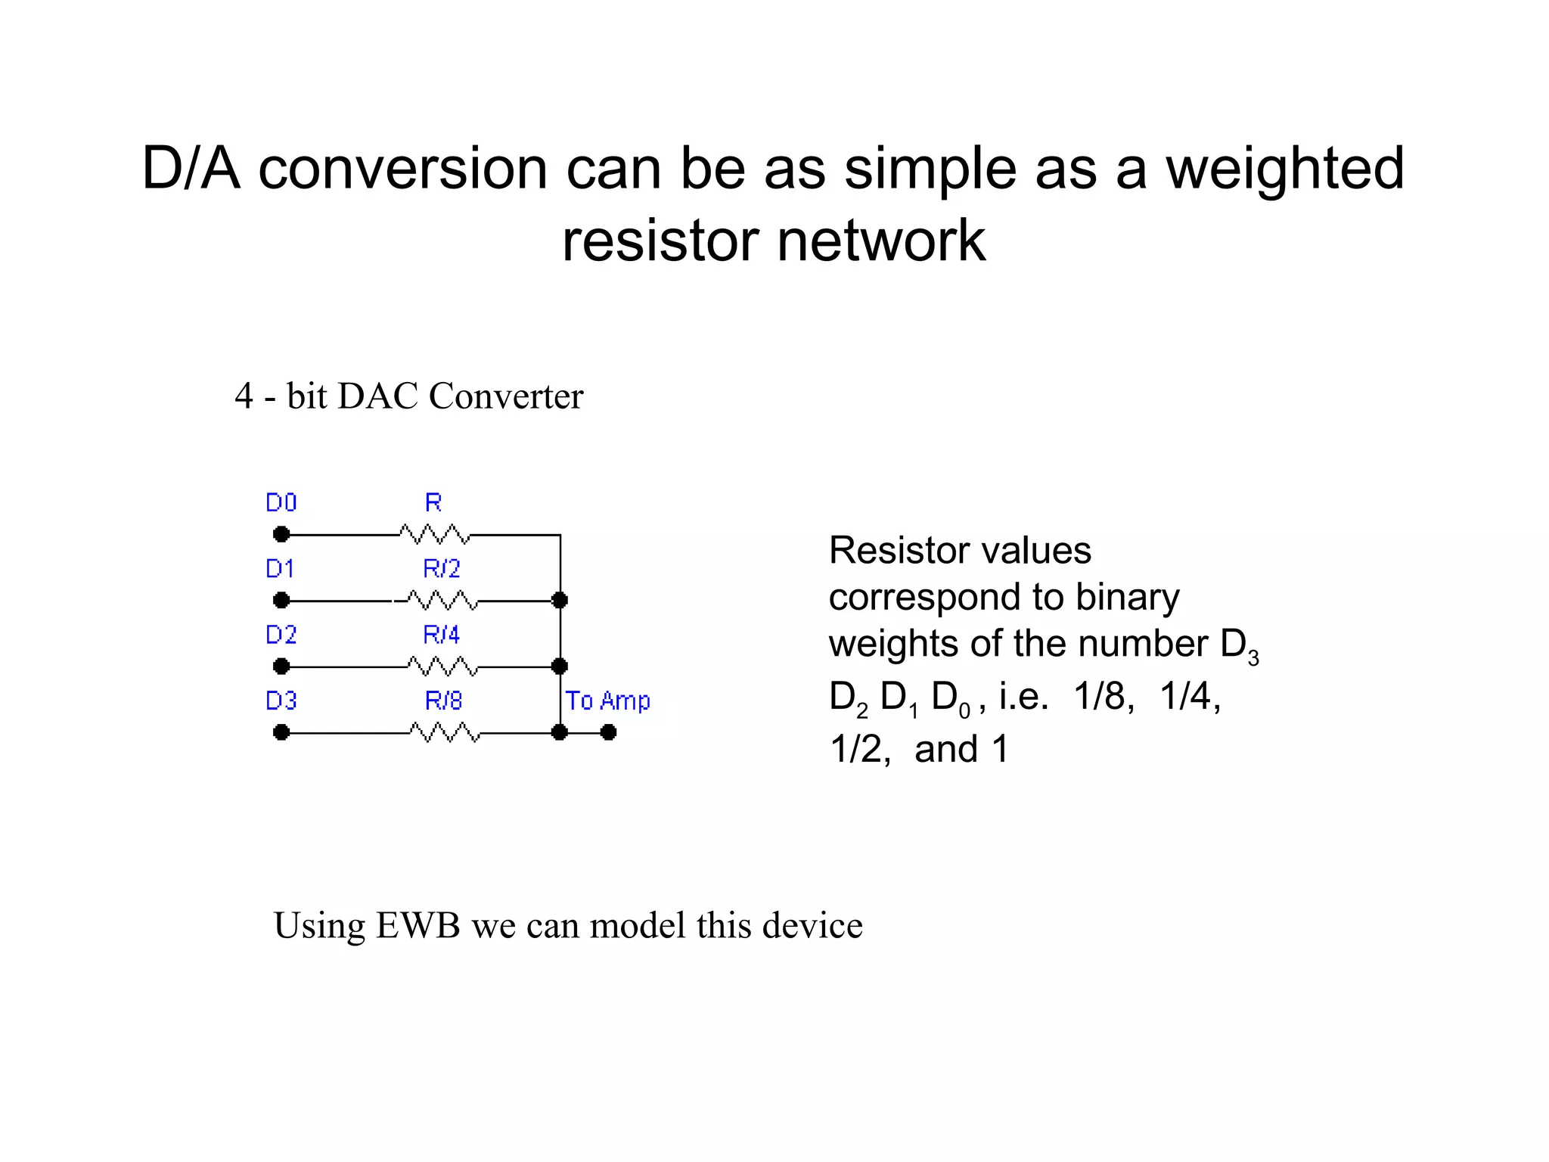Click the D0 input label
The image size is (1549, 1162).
point(281,502)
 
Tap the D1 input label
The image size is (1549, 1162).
point(280,568)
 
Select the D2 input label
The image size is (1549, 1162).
point(281,634)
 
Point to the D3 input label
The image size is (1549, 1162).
point(281,701)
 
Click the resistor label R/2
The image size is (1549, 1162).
point(442,568)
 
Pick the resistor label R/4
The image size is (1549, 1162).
point(442,634)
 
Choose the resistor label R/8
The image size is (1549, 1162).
point(443,701)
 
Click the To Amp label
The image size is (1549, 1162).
point(607,701)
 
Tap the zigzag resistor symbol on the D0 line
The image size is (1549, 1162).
point(435,535)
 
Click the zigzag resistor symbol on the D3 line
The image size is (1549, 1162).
point(445,732)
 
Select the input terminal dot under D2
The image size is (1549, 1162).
point(281,666)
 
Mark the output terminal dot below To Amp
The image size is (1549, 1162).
point(608,732)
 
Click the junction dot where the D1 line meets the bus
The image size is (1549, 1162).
point(560,601)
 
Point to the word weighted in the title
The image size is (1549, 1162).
point(1284,169)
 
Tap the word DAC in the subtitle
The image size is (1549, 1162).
point(377,396)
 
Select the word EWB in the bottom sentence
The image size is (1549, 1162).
point(418,925)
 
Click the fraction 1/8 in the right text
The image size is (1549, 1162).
point(1104,696)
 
